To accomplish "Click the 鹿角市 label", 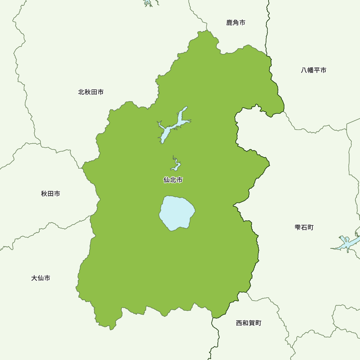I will pos(236,23).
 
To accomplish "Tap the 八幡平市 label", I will pos(314,70).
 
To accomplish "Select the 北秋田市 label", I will pos(91,92).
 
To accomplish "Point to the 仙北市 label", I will pos(173,180).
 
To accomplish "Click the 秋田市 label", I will pos(50,194).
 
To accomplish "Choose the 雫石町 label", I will pos(304,228).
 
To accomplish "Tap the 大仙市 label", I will pos(41,278).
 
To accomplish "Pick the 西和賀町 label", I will pos(248,323).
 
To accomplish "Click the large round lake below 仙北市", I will pos(177,213).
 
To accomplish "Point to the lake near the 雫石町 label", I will pos(346,243).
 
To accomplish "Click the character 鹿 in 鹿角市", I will pos(229,23).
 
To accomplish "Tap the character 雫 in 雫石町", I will pos(298,228).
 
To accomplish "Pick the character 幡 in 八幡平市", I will pos(310,70).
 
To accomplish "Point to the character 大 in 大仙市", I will pos(35,278).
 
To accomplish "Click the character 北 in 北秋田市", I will pos(81,92).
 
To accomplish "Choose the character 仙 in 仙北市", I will pos(167,180).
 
